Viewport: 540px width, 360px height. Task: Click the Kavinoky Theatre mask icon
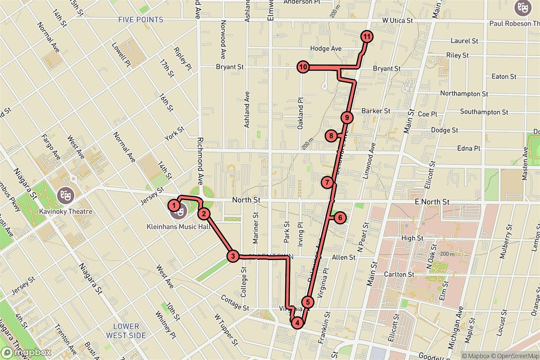coord(65,195)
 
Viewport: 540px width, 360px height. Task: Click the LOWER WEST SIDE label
coord(126,331)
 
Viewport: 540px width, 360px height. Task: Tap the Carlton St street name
coord(399,274)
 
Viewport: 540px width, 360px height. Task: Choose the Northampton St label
coord(464,94)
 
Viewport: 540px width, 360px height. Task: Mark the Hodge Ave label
coord(326,49)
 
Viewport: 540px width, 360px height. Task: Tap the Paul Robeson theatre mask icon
coord(522,8)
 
